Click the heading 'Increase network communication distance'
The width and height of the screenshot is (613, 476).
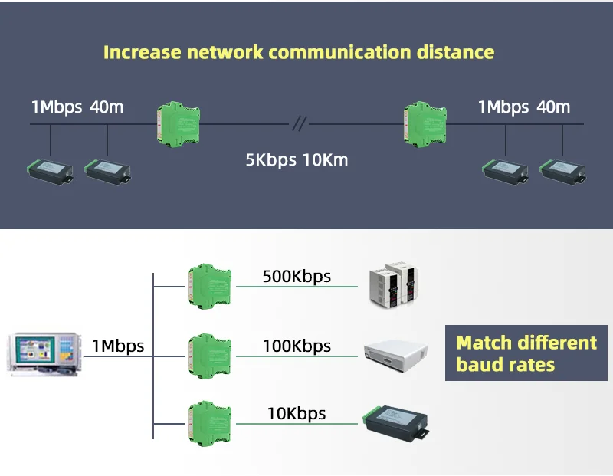point(299,53)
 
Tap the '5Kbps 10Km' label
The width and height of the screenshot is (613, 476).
point(297,160)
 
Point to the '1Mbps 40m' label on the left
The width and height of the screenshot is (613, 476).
point(77,107)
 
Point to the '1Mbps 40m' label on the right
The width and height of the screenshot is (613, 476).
point(524,107)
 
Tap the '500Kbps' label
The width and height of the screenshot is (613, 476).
point(297,276)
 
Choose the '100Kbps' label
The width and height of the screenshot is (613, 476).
point(297,346)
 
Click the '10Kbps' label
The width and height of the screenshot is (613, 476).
point(297,414)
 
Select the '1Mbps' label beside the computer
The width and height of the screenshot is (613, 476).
point(117,346)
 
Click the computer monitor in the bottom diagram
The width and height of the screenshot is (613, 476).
point(44,353)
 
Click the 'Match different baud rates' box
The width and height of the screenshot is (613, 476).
point(526,353)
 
